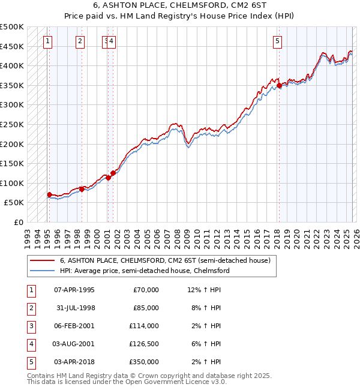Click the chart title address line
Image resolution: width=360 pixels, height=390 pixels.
pyautogui.click(x=179, y=6)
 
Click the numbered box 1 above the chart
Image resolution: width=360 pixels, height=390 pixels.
pyautogui.click(x=47, y=41)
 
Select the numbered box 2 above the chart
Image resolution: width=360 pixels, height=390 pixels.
pyautogui.click(x=80, y=41)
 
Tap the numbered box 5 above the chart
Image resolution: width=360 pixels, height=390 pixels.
pyautogui.click(x=278, y=41)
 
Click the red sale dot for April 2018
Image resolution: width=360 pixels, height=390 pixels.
pyautogui.click(x=279, y=86)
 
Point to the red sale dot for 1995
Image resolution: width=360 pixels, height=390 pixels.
pyautogui.click(x=49, y=194)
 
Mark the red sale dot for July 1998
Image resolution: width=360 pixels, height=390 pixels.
pyautogui.click(x=82, y=189)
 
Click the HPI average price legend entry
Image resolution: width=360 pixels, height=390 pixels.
pyautogui.click(x=144, y=271)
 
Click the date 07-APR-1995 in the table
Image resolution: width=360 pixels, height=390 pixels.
pyautogui.click(x=74, y=290)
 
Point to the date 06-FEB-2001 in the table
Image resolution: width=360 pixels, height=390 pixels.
pyautogui.click(x=74, y=326)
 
